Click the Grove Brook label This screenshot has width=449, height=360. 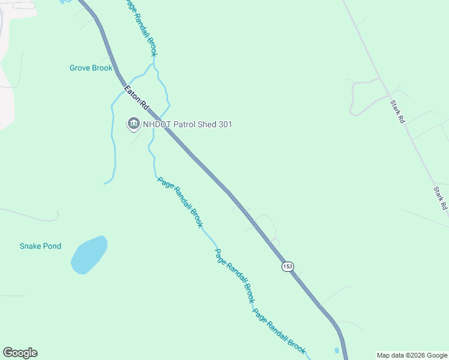91,68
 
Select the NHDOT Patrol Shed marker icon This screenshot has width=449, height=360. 133,124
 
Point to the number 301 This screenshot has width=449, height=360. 224,124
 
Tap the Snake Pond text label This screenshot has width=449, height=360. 40,246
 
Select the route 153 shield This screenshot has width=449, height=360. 288,266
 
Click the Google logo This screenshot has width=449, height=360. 20,353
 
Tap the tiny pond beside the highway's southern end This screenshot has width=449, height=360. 337,350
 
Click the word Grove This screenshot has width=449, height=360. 80,68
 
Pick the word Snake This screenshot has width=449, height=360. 30,246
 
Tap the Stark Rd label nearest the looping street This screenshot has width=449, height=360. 398,112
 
